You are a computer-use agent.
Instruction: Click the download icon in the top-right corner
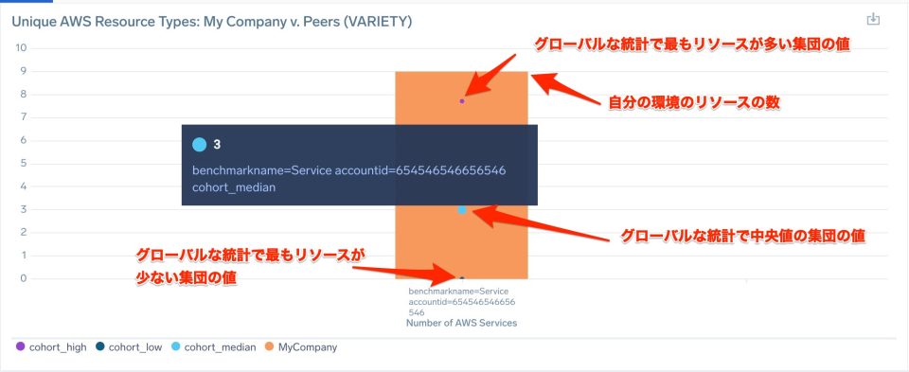coord(873,20)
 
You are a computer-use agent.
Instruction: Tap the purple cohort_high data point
coord(462,100)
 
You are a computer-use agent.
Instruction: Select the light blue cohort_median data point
coord(462,209)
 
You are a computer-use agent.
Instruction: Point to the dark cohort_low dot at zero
coord(462,278)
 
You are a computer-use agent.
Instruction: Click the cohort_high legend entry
coord(52,347)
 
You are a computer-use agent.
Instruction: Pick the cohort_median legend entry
coord(214,347)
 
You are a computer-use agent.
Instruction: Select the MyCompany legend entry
coord(302,347)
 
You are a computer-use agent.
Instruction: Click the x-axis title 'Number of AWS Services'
coord(461,324)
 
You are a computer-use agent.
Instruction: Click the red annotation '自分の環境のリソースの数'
coord(693,102)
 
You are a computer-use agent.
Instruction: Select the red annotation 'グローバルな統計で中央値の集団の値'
coord(742,235)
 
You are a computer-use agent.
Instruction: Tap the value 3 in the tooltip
coord(217,145)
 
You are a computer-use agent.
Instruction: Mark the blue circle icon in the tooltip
coord(199,145)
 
